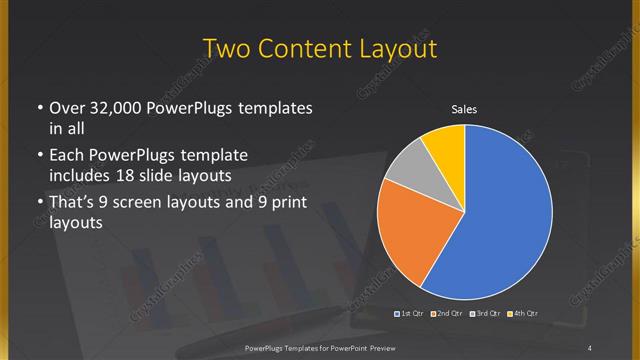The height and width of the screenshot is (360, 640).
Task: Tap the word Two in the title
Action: (x=227, y=49)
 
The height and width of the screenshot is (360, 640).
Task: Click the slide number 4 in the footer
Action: (x=590, y=347)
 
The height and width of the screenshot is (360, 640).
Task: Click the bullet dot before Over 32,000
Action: (x=37, y=108)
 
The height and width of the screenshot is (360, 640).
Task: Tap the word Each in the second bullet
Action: (x=67, y=156)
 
